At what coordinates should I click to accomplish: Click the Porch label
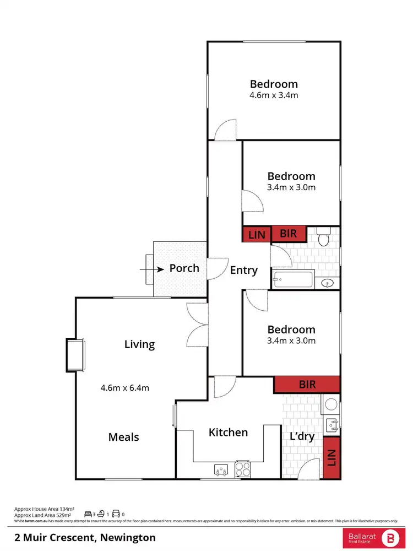click(184, 268)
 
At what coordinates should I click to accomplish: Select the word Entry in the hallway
click(243, 270)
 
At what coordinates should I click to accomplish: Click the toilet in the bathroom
click(324, 238)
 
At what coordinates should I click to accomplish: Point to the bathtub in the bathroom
click(292, 279)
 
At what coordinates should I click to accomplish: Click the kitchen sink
click(221, 470)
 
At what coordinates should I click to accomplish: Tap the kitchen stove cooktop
click(243, 469)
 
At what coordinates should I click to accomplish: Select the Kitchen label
click(228, 433)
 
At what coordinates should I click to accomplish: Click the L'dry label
click(302, 437)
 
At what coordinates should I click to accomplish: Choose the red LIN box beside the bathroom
click(257, 235)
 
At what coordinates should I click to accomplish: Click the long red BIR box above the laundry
click(307, 385)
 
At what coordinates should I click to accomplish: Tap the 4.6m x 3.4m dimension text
click(274, 95)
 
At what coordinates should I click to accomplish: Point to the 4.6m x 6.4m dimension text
click(124, 387)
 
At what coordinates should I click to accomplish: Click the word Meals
click(123, 437)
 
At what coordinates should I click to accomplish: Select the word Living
click(139, 344)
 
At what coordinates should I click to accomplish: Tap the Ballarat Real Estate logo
click(373, 537)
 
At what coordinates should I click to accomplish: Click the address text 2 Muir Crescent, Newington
click(85, 537)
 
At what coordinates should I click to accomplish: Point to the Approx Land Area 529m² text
click(45, 515)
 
